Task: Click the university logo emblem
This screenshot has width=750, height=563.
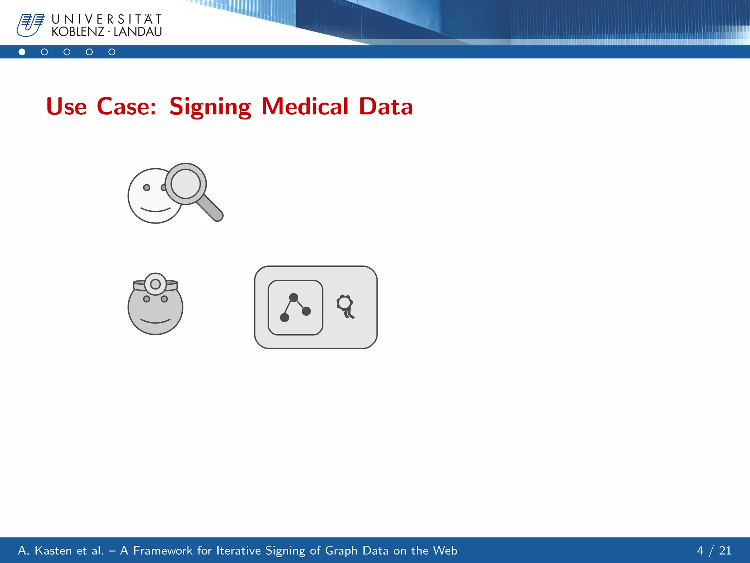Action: pyautogui.click(x=30, y=25)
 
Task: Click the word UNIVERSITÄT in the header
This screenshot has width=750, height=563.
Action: pyautogui.click(x=107, y=19)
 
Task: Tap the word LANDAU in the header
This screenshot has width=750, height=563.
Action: pyautogui.click(x=138, y=32)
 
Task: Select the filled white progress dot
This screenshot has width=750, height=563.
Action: pyautogui.click(x=22, y=52)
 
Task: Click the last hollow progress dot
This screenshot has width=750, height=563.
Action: pyautogui.click(x=112, y=52)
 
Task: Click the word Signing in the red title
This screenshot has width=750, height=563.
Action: pyautogui.click(x=210, y=107)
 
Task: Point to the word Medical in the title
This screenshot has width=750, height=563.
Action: pyautogui.click(x=305, y=107)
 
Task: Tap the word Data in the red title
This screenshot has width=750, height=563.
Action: pyautogui.click(x=386, y=107)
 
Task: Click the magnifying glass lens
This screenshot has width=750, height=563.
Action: pyautogui.click(x=186, y=184)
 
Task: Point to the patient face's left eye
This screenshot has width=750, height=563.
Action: pyautogui.click(x=146, y=188)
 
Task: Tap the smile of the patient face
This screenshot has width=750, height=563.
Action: pyautogui.click(x=155, y=210)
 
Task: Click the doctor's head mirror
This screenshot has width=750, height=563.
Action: pyautogui.click(x=155, y=284)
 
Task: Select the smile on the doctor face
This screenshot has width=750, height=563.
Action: pyautogui.click(x=155, y=321)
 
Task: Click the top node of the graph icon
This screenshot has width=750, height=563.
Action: pyautogui.click(x=293, y=297)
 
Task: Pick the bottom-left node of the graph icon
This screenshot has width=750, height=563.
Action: pyautogui.click(x=284, y=317)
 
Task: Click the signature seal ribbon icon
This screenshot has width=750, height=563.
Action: pyautogui.click(x=345, y=306)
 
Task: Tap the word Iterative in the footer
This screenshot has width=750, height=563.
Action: pyautogui.click(x=238, y=551)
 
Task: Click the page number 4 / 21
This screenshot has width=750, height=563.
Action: pyautogui.click(x=714, y=551)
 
